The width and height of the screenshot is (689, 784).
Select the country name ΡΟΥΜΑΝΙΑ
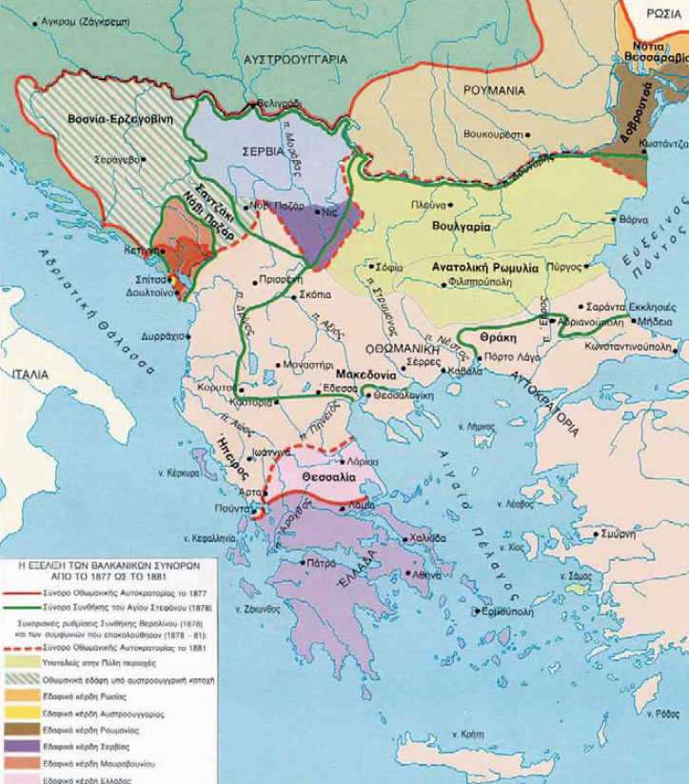click(494, 90)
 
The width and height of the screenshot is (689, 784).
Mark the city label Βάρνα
click(634, 219)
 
